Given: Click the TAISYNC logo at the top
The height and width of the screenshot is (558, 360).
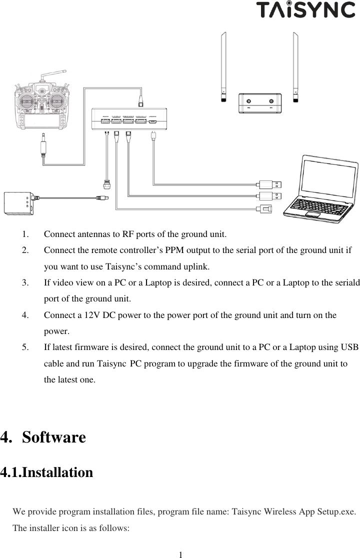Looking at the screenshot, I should [305, 10].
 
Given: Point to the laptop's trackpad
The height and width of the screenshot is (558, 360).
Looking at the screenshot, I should [312, 214].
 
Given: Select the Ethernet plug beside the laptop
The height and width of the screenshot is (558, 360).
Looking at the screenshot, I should [264, 208].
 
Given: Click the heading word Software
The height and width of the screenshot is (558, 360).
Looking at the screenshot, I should [54, 437].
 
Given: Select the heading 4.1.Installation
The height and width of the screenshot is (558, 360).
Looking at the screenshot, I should [47, 472].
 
